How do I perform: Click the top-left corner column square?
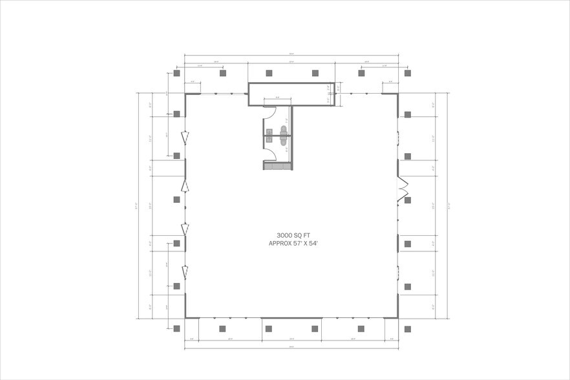[176, 73]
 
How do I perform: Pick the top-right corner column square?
[407, 73]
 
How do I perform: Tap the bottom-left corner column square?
[176, 328]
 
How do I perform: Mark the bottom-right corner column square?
[407, 328]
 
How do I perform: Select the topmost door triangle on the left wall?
[185, 137]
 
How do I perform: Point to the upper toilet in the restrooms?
[283, 131]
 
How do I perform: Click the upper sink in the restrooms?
[269, 131]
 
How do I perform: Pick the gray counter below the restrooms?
[277, 166]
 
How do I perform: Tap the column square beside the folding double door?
[408, 200]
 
